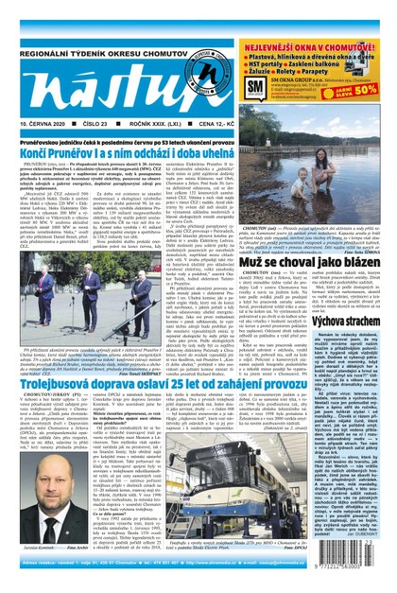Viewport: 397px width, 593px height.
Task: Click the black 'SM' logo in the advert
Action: [254, 90]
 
